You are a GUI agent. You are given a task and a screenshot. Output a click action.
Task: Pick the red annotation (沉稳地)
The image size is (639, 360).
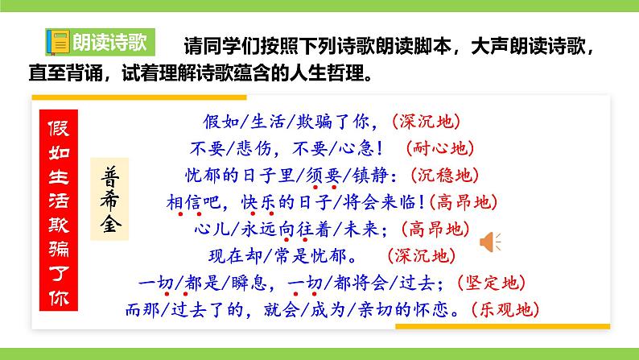[443, 175]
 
